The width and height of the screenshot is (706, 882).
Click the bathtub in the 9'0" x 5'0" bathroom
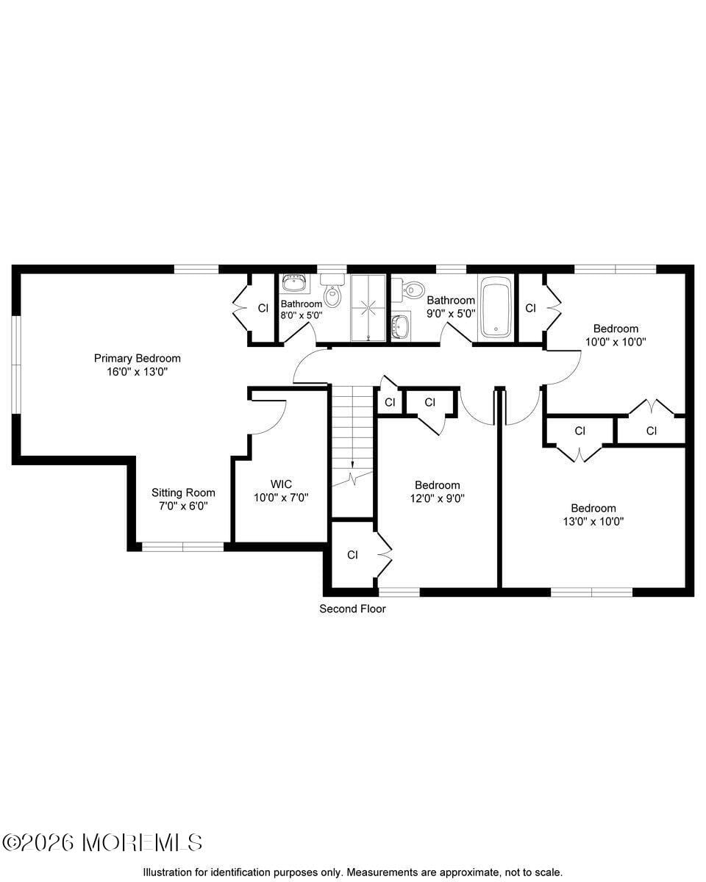click(x=496, y=306)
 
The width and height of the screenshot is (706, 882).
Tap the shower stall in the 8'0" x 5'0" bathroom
click(x=367, y=308)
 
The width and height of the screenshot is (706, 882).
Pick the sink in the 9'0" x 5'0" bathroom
click(x=401, y=324)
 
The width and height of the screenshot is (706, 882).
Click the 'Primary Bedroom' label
click(x=137, y=358)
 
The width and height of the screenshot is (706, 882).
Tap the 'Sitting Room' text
click(x=183, y=492)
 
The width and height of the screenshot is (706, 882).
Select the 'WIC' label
click(x=281, y=484)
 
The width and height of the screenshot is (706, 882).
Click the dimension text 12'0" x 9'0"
click(x=437, y=498)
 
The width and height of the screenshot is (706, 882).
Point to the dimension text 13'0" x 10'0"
click(x=593, y=521)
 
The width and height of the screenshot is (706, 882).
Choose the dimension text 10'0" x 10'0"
click(x=616, y=342)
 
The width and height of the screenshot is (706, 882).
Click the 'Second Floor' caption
click(x=352, y=609)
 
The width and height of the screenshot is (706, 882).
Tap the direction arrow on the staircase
click(x=352, y=465)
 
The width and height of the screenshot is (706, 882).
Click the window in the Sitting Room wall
click(x=182, y=546)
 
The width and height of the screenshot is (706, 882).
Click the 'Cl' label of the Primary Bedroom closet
click(x=263, y=308)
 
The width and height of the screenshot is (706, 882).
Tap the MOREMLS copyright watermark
click(x=102, y=842)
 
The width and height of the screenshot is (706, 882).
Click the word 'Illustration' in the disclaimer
click(x=170, y=872)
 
